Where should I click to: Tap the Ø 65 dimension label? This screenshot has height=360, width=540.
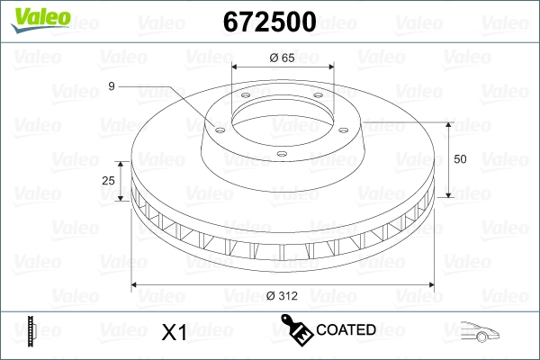[282, 58]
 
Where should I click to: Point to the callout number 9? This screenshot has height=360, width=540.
[111, 86]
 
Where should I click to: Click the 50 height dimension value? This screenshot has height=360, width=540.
[461, 159]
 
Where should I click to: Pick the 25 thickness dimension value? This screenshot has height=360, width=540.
[109, 181]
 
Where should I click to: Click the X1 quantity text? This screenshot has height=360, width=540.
[173, 333]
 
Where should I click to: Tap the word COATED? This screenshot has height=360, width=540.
[346, 330]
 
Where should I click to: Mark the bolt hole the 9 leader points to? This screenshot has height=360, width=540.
[217, 125]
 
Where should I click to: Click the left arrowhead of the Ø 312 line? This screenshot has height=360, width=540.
[136, 285]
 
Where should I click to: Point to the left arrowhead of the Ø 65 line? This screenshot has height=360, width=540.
[236, 68]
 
